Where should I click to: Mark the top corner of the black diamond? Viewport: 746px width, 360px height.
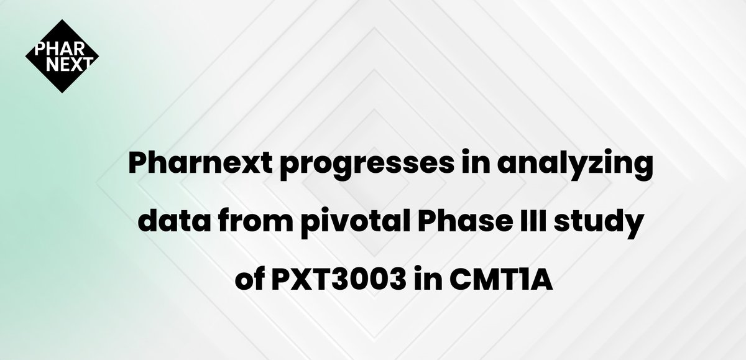click(62, 19)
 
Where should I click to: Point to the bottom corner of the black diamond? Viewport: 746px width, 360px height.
click(62, 93)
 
